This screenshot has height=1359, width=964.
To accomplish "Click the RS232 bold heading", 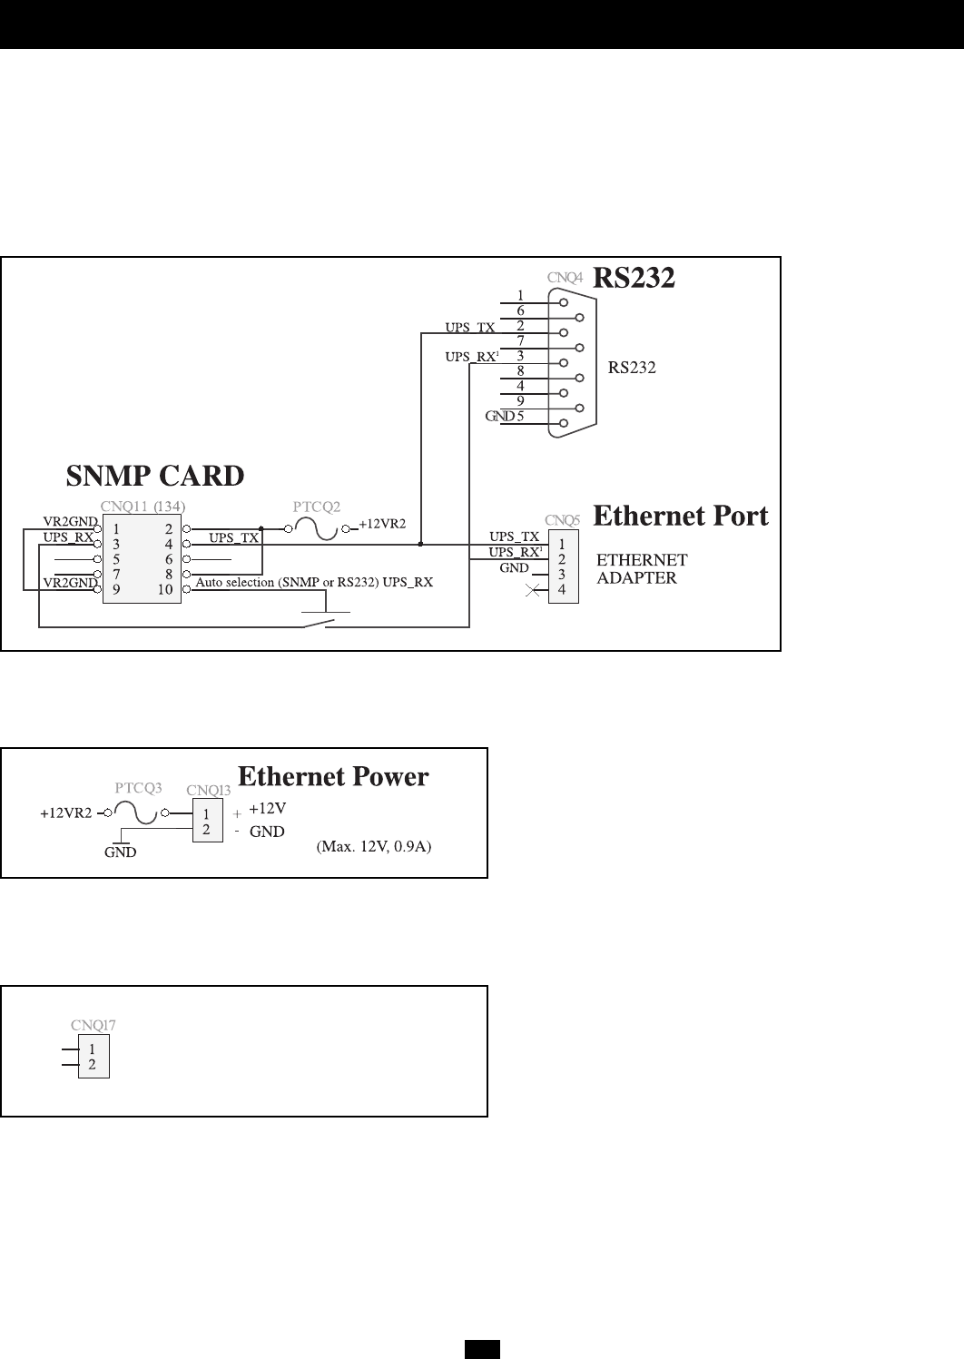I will [634, 278].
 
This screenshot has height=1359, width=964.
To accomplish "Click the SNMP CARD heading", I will [155, 476].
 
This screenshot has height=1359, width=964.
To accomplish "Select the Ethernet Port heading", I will [680, 516].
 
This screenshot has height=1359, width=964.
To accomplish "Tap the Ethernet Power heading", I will [333, 776].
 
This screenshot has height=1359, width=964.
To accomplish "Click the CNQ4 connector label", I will [565, 277].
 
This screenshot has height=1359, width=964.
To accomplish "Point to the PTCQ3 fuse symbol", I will [139, 813].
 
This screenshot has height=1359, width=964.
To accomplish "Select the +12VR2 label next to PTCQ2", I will [382, 525].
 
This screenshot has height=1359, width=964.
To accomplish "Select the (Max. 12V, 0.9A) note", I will [373, 847].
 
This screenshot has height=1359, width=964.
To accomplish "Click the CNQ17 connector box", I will [93, 1057].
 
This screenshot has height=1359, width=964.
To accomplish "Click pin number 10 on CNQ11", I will [164, 590].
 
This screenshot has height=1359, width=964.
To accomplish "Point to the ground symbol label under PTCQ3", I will [120, 852].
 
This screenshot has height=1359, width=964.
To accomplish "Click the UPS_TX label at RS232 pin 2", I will [469, 327].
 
